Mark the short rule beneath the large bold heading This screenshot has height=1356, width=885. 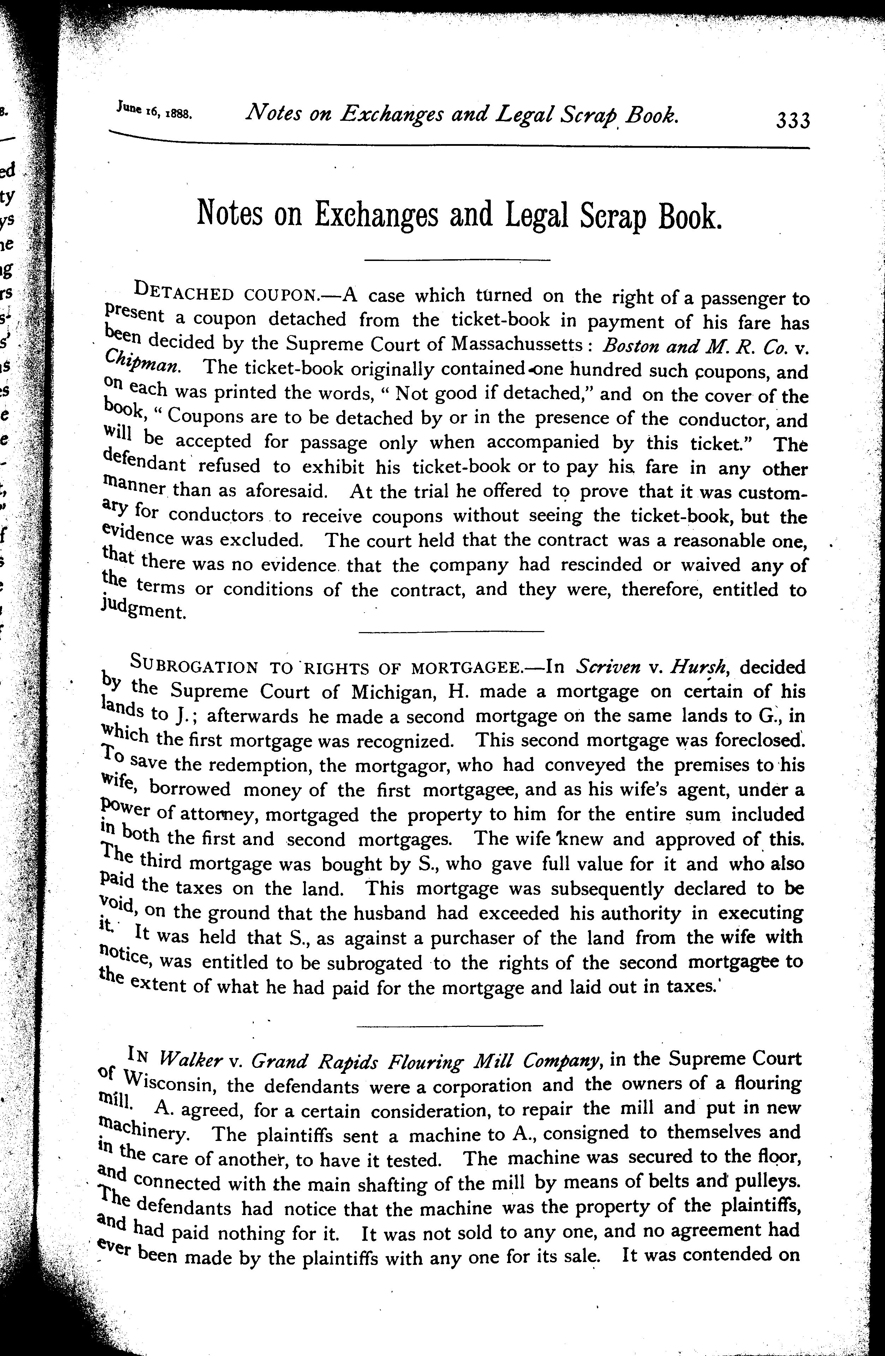click(457, 260)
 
